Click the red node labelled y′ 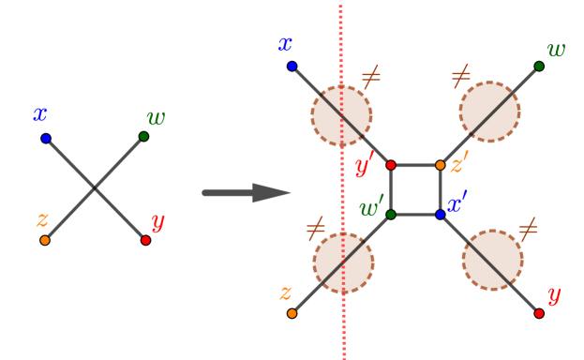[391, 165]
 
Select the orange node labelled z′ [441, 165]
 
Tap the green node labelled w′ [391, 215]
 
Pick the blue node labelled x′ [441, 215]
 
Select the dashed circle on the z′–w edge [489, 112]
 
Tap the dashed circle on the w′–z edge [343, 262]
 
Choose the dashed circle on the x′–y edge [492, 260]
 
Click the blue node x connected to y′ [292, 67]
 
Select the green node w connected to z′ [539, 67]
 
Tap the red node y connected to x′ [539, 313]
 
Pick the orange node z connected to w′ [292, 313]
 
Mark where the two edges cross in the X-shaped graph [95, 189]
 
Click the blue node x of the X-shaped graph [45, 139]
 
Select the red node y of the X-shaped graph [145, 240]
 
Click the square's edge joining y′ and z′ [415, 165]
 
